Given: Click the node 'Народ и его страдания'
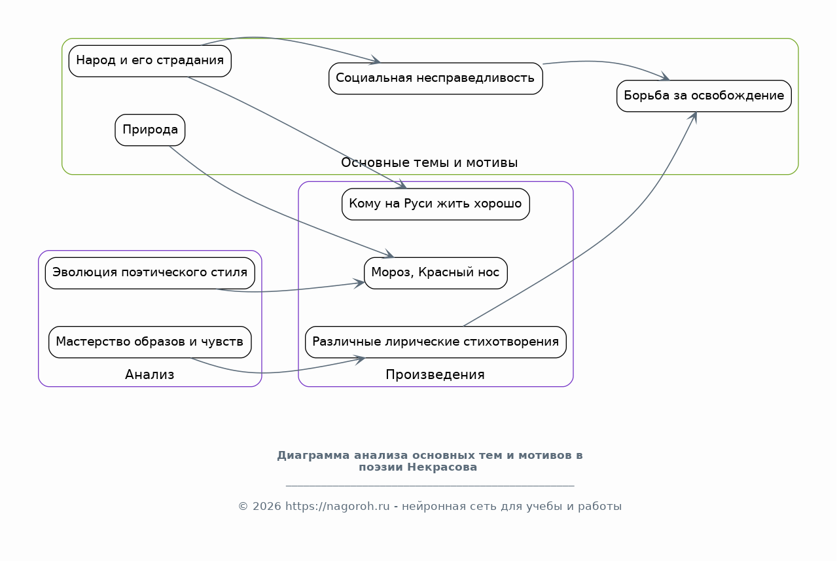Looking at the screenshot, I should click(x=150, y=61).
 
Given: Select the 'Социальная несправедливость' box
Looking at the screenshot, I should click(x=435, y=79).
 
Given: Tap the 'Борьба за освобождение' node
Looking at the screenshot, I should click(x=703, y=96).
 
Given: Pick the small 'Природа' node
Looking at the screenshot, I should click(x=150, y=130).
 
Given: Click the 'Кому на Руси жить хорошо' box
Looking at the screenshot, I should click(x=435, y=204).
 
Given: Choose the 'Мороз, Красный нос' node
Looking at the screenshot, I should click(x=435, y=273).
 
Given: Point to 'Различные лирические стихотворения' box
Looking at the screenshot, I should click(x=435, y=342).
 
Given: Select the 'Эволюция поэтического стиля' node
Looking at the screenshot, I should click(x=150, y=273).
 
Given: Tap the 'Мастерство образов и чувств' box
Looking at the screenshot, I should click(x=150, y=342).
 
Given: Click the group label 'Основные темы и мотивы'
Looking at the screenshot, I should click(x=429, y=163).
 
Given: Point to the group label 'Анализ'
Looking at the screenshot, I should click(x=150, y=375).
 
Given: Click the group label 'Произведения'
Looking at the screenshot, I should click(x=435, y=375).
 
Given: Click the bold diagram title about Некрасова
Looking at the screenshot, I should click(x=429, y=461).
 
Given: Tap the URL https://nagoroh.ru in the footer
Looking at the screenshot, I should click(x=338, y=507).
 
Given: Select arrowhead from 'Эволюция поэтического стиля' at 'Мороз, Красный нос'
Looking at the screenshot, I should click(x=360, y=283).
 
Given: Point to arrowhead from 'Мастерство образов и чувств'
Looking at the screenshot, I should click(x=360, y=359).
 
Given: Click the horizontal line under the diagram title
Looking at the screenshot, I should click(x=430, y=486).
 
